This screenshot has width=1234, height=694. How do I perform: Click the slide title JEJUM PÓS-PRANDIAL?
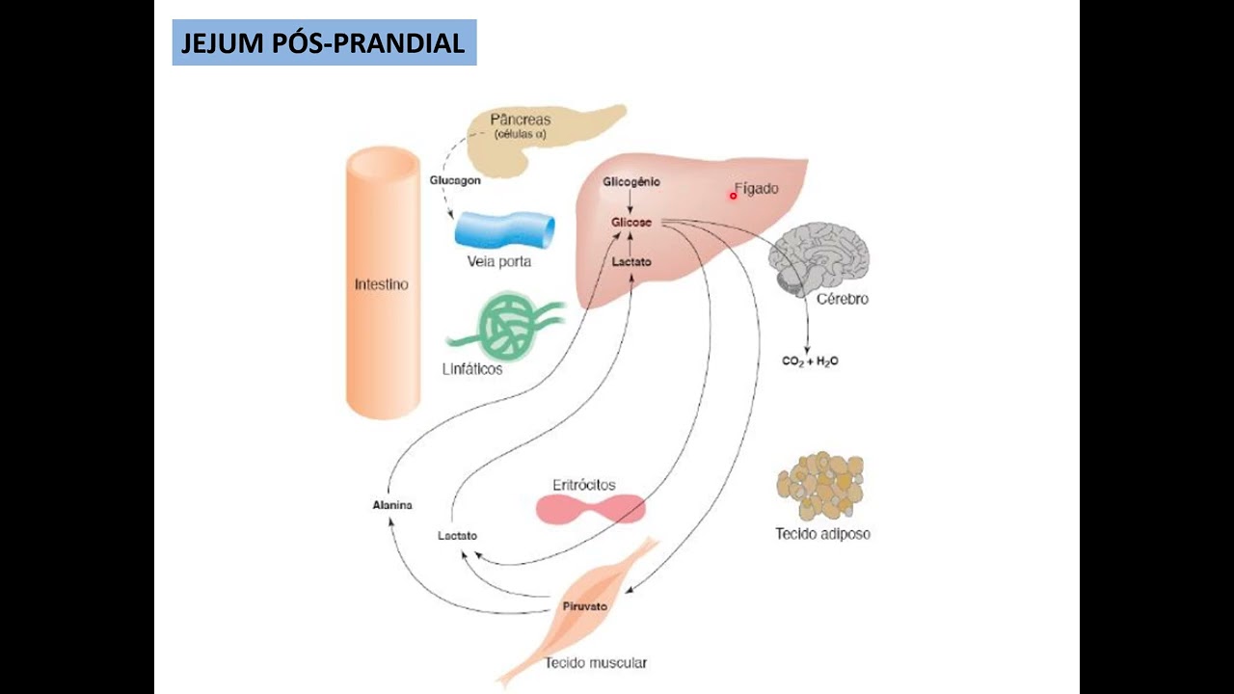(x=324, y=43)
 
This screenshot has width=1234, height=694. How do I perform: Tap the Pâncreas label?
(x=521, y=120)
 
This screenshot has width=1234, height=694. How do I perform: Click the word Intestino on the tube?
(x=382, y=285)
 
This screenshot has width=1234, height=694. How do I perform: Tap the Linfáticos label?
(x=473, y=369)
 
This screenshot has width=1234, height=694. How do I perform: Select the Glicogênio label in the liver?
(x=631, y=182)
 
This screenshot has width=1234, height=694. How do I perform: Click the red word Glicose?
(x=631, y=223)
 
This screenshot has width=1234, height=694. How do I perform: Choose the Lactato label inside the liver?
(x=631, y=261)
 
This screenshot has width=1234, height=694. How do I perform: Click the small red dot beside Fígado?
(x=733, y=196)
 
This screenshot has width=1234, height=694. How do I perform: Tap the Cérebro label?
(x=842, y=299)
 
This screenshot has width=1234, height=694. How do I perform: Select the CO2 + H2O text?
(x=810, y=361)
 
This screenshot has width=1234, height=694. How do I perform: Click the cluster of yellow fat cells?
(x=820, y=486)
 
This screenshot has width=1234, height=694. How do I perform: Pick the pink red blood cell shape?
(x=590, y=509)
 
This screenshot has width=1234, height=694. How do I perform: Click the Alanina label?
(x=392, y=505)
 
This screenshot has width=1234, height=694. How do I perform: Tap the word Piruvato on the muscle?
(x=584, y=607)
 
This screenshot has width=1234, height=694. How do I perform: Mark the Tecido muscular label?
(x=595, y=663)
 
